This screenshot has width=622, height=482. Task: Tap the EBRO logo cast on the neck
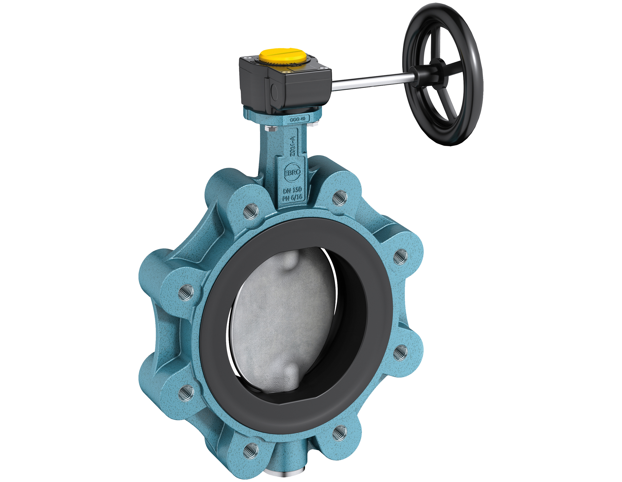coord(292,172)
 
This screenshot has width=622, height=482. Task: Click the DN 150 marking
coord(292,190)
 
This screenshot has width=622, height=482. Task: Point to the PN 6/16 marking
coord(292,197)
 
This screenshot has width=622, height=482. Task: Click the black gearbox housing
coord(285,85)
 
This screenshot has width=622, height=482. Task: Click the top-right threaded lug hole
coord(340,198)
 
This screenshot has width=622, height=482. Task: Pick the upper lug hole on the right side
coord(400,257)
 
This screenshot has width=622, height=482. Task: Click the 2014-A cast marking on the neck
coord(292,146)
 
